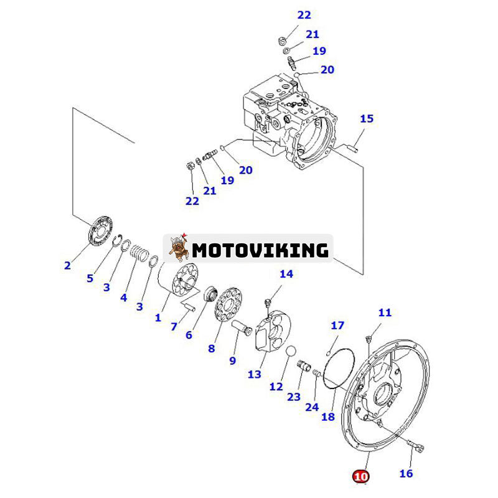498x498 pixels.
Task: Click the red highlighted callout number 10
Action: click(360, 476)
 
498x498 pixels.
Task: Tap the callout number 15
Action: click(367, 118)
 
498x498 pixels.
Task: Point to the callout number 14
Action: click(286, 274)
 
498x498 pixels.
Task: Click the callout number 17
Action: click(337, 325)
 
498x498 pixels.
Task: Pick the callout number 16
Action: click(405, 473)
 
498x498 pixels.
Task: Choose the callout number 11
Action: click(385, 312)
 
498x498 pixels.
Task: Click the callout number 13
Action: click(254, 374)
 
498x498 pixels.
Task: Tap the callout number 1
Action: click(157, 317)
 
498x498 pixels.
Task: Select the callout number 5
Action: click(90, 278)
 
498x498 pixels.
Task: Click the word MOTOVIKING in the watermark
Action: click(260, 250)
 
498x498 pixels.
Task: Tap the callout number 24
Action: click(312, 406)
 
